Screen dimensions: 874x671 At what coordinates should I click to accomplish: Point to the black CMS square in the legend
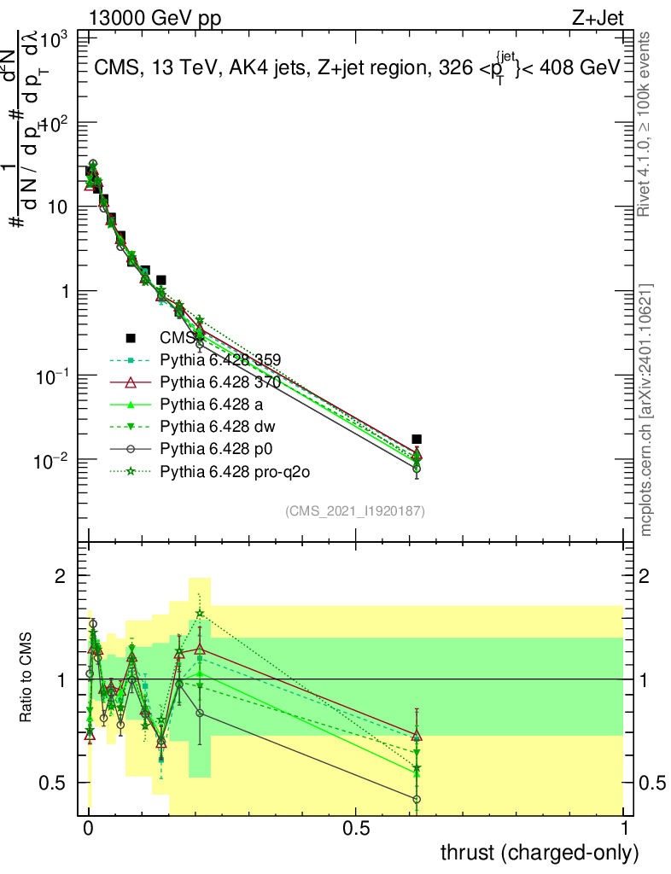131,338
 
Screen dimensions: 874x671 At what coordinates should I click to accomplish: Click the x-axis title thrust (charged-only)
539,852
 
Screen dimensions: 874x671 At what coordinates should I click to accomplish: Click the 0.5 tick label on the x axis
356,829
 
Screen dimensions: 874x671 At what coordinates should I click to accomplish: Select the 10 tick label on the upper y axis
56,207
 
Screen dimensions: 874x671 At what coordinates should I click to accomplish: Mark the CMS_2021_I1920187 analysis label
355,511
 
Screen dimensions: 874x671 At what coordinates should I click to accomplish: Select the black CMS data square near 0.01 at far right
417,440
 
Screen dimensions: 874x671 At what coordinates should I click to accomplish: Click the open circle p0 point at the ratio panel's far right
417,800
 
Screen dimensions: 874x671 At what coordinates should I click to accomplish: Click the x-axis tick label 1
623,829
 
